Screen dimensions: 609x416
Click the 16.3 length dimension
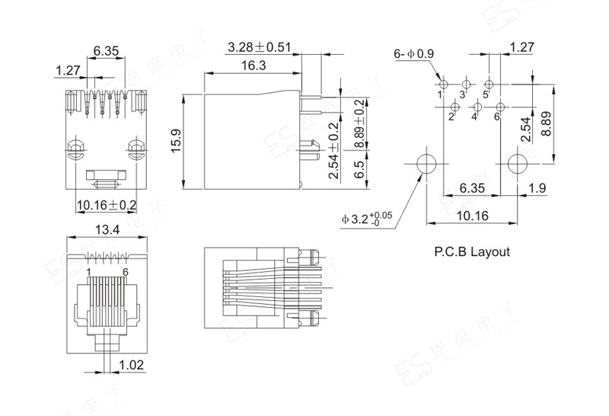(253, 65)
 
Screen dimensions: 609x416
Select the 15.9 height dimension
(177, 142)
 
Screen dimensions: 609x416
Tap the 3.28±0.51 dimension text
(259, 47)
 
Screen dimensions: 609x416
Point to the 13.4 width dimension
(107, 230)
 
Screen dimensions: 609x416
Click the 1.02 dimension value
(131, 365)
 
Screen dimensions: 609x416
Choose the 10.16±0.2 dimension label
(107, 205)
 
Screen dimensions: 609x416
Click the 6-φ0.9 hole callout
(413, 53)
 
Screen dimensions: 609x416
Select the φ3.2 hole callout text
(367, 219)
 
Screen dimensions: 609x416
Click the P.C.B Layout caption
(472, 251)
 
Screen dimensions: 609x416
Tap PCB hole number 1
(444, 84)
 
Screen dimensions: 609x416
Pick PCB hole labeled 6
(500, 107)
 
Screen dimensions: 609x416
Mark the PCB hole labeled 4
(478, 107)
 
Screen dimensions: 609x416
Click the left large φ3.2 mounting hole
(426, 164)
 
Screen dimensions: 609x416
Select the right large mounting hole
(517, 164)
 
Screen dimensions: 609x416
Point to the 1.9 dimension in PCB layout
(538, 188)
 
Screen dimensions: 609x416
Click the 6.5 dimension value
(360, 169)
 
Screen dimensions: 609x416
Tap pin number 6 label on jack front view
(125, 272)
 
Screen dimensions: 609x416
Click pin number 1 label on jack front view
(89, 272)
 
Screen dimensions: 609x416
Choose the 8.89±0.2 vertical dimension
(360, 124)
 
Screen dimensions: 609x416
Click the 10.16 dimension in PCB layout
(472, 216)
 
